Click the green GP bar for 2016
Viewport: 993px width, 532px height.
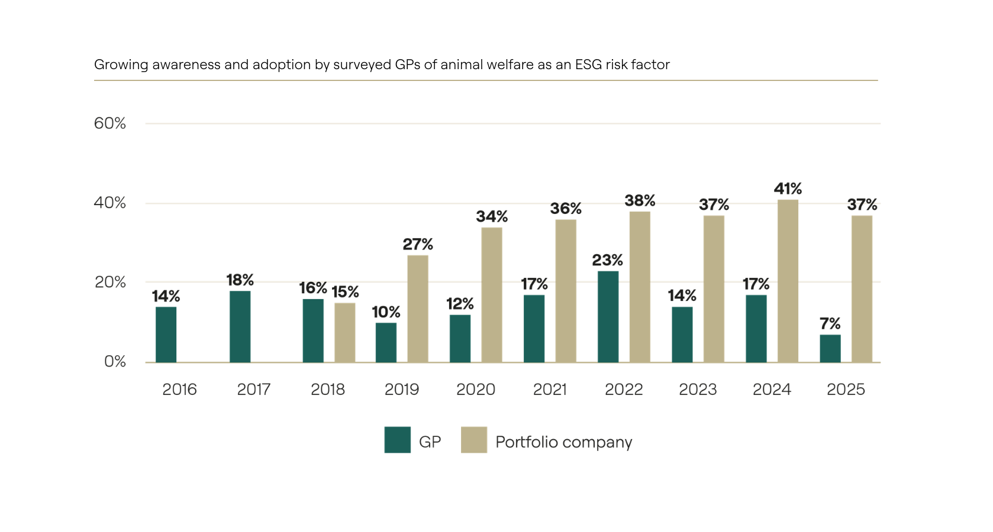point(166,335)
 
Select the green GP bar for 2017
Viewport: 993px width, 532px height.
point(240,326)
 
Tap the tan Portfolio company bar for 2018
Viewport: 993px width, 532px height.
point(344,332)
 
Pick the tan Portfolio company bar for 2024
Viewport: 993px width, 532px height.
point(788,281)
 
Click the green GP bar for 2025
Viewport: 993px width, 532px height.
point(830,348)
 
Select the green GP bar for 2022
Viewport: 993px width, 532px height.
point(608,316)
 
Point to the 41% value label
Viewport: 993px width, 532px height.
point(788,189)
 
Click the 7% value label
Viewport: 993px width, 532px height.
point(830,323)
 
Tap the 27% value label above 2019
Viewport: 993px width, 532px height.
point(418,244)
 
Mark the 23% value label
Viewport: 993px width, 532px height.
point(607,260)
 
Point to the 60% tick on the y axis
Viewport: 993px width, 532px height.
point(110,124)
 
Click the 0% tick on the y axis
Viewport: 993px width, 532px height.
point(115,361)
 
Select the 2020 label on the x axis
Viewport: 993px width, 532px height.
point(476,390)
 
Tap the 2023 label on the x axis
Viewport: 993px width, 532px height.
point(698,390)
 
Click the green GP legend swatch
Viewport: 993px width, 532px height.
point(397,440)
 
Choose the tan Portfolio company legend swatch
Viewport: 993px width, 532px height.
point(474,440)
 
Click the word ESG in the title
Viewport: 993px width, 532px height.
point(588,64)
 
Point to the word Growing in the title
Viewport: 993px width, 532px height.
point(121,64)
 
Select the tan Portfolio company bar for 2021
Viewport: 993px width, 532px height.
point(566,291)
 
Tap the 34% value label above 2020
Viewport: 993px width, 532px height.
point(492,216)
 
